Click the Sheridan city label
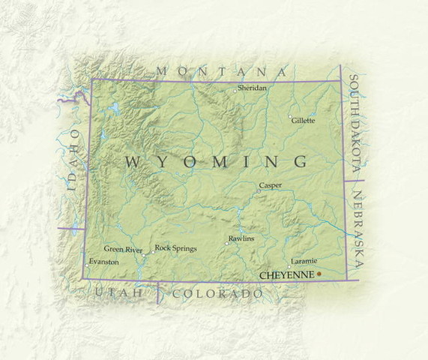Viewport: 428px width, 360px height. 252,88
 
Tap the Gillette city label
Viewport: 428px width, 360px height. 304,120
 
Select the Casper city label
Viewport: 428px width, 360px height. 270,184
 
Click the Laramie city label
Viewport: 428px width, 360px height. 303,260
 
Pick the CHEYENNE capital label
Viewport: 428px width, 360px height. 286,275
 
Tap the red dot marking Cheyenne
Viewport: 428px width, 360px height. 319,274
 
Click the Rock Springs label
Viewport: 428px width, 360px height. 175,247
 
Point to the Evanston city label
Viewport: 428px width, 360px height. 103,262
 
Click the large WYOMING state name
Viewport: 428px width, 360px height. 216,161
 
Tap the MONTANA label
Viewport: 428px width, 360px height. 221,72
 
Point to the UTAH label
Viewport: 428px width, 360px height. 118,292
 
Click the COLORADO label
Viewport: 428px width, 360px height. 218,294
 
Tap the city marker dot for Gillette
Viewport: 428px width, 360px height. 291,116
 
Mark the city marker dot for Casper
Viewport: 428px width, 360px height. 259,190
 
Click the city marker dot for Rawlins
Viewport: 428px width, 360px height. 227,243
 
